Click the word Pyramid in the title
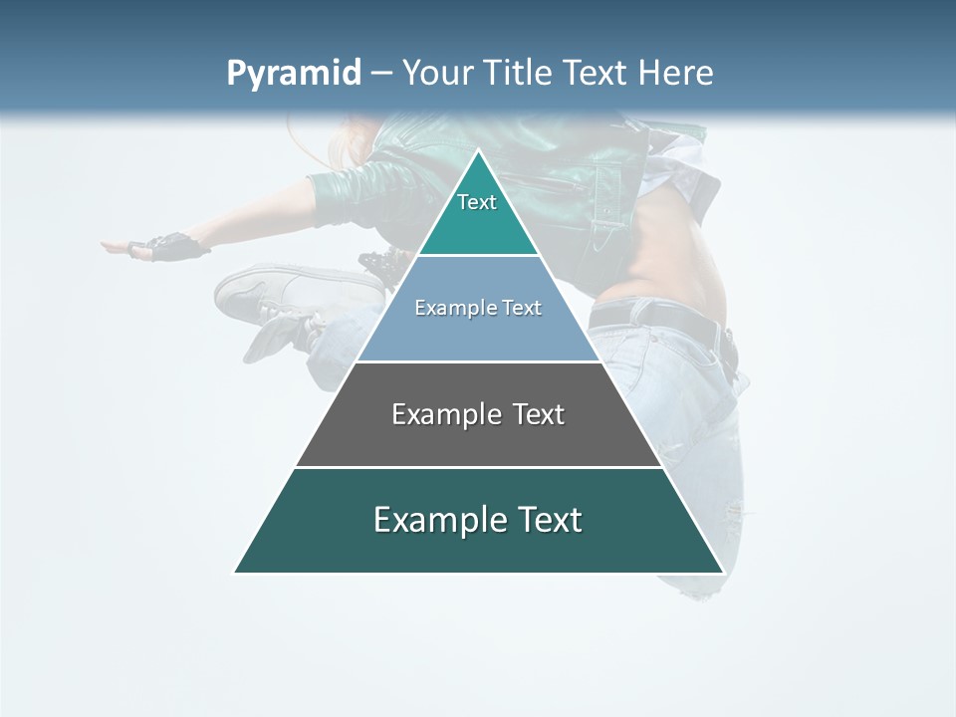[x=294, y=73]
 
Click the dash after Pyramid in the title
[x=380, y=74]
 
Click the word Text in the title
[x=595, y=73]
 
